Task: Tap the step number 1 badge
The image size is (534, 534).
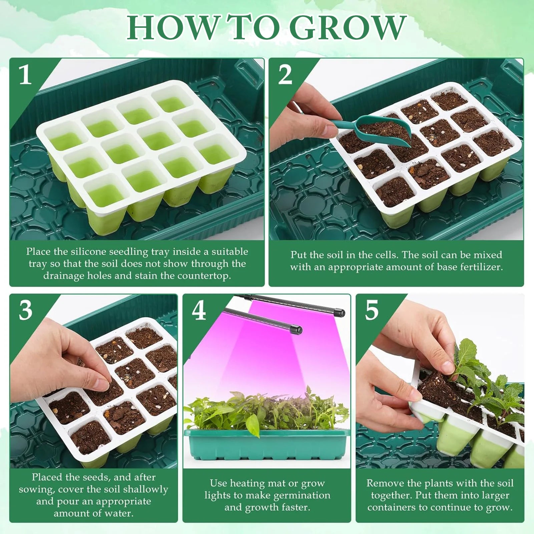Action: click(25, 75)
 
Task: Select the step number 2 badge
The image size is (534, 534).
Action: click(285, 75)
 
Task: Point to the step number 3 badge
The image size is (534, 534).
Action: click(25, 311)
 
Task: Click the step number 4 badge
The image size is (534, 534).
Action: click(199, 311)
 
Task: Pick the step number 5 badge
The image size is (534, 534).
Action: click(372, 311)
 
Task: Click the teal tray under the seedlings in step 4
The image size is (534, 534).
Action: click(267, 447)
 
